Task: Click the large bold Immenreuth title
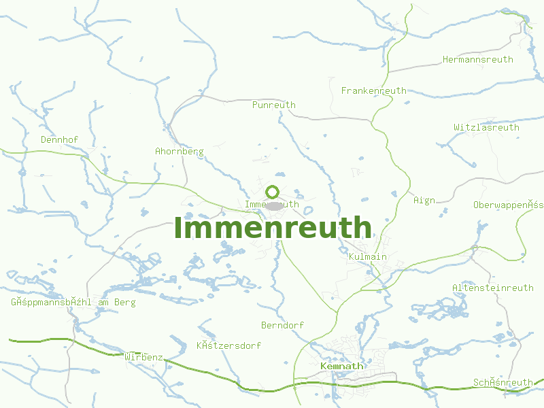pos(273,227)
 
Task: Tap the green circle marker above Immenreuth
pos(273,192)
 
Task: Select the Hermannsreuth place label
pos(477,60)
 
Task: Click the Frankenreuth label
pos(373,90)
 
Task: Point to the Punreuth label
pos(273,105)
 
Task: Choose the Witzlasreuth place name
pos(486,127)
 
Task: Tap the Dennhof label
pos(59,139)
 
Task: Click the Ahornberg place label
pos(179,151)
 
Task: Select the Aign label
pos(424,200)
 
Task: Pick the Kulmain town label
pos(367,256)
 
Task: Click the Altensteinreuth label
pos(492,288)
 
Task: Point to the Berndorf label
pos(282,325)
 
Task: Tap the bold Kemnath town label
pos(341,366)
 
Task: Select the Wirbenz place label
pos(143,356)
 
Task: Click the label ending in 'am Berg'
pos(73,302)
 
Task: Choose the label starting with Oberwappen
pos(508,205)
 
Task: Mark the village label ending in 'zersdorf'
pos(228,345)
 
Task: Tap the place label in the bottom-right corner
pos(503,383)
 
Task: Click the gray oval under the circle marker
pos(273,205)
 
